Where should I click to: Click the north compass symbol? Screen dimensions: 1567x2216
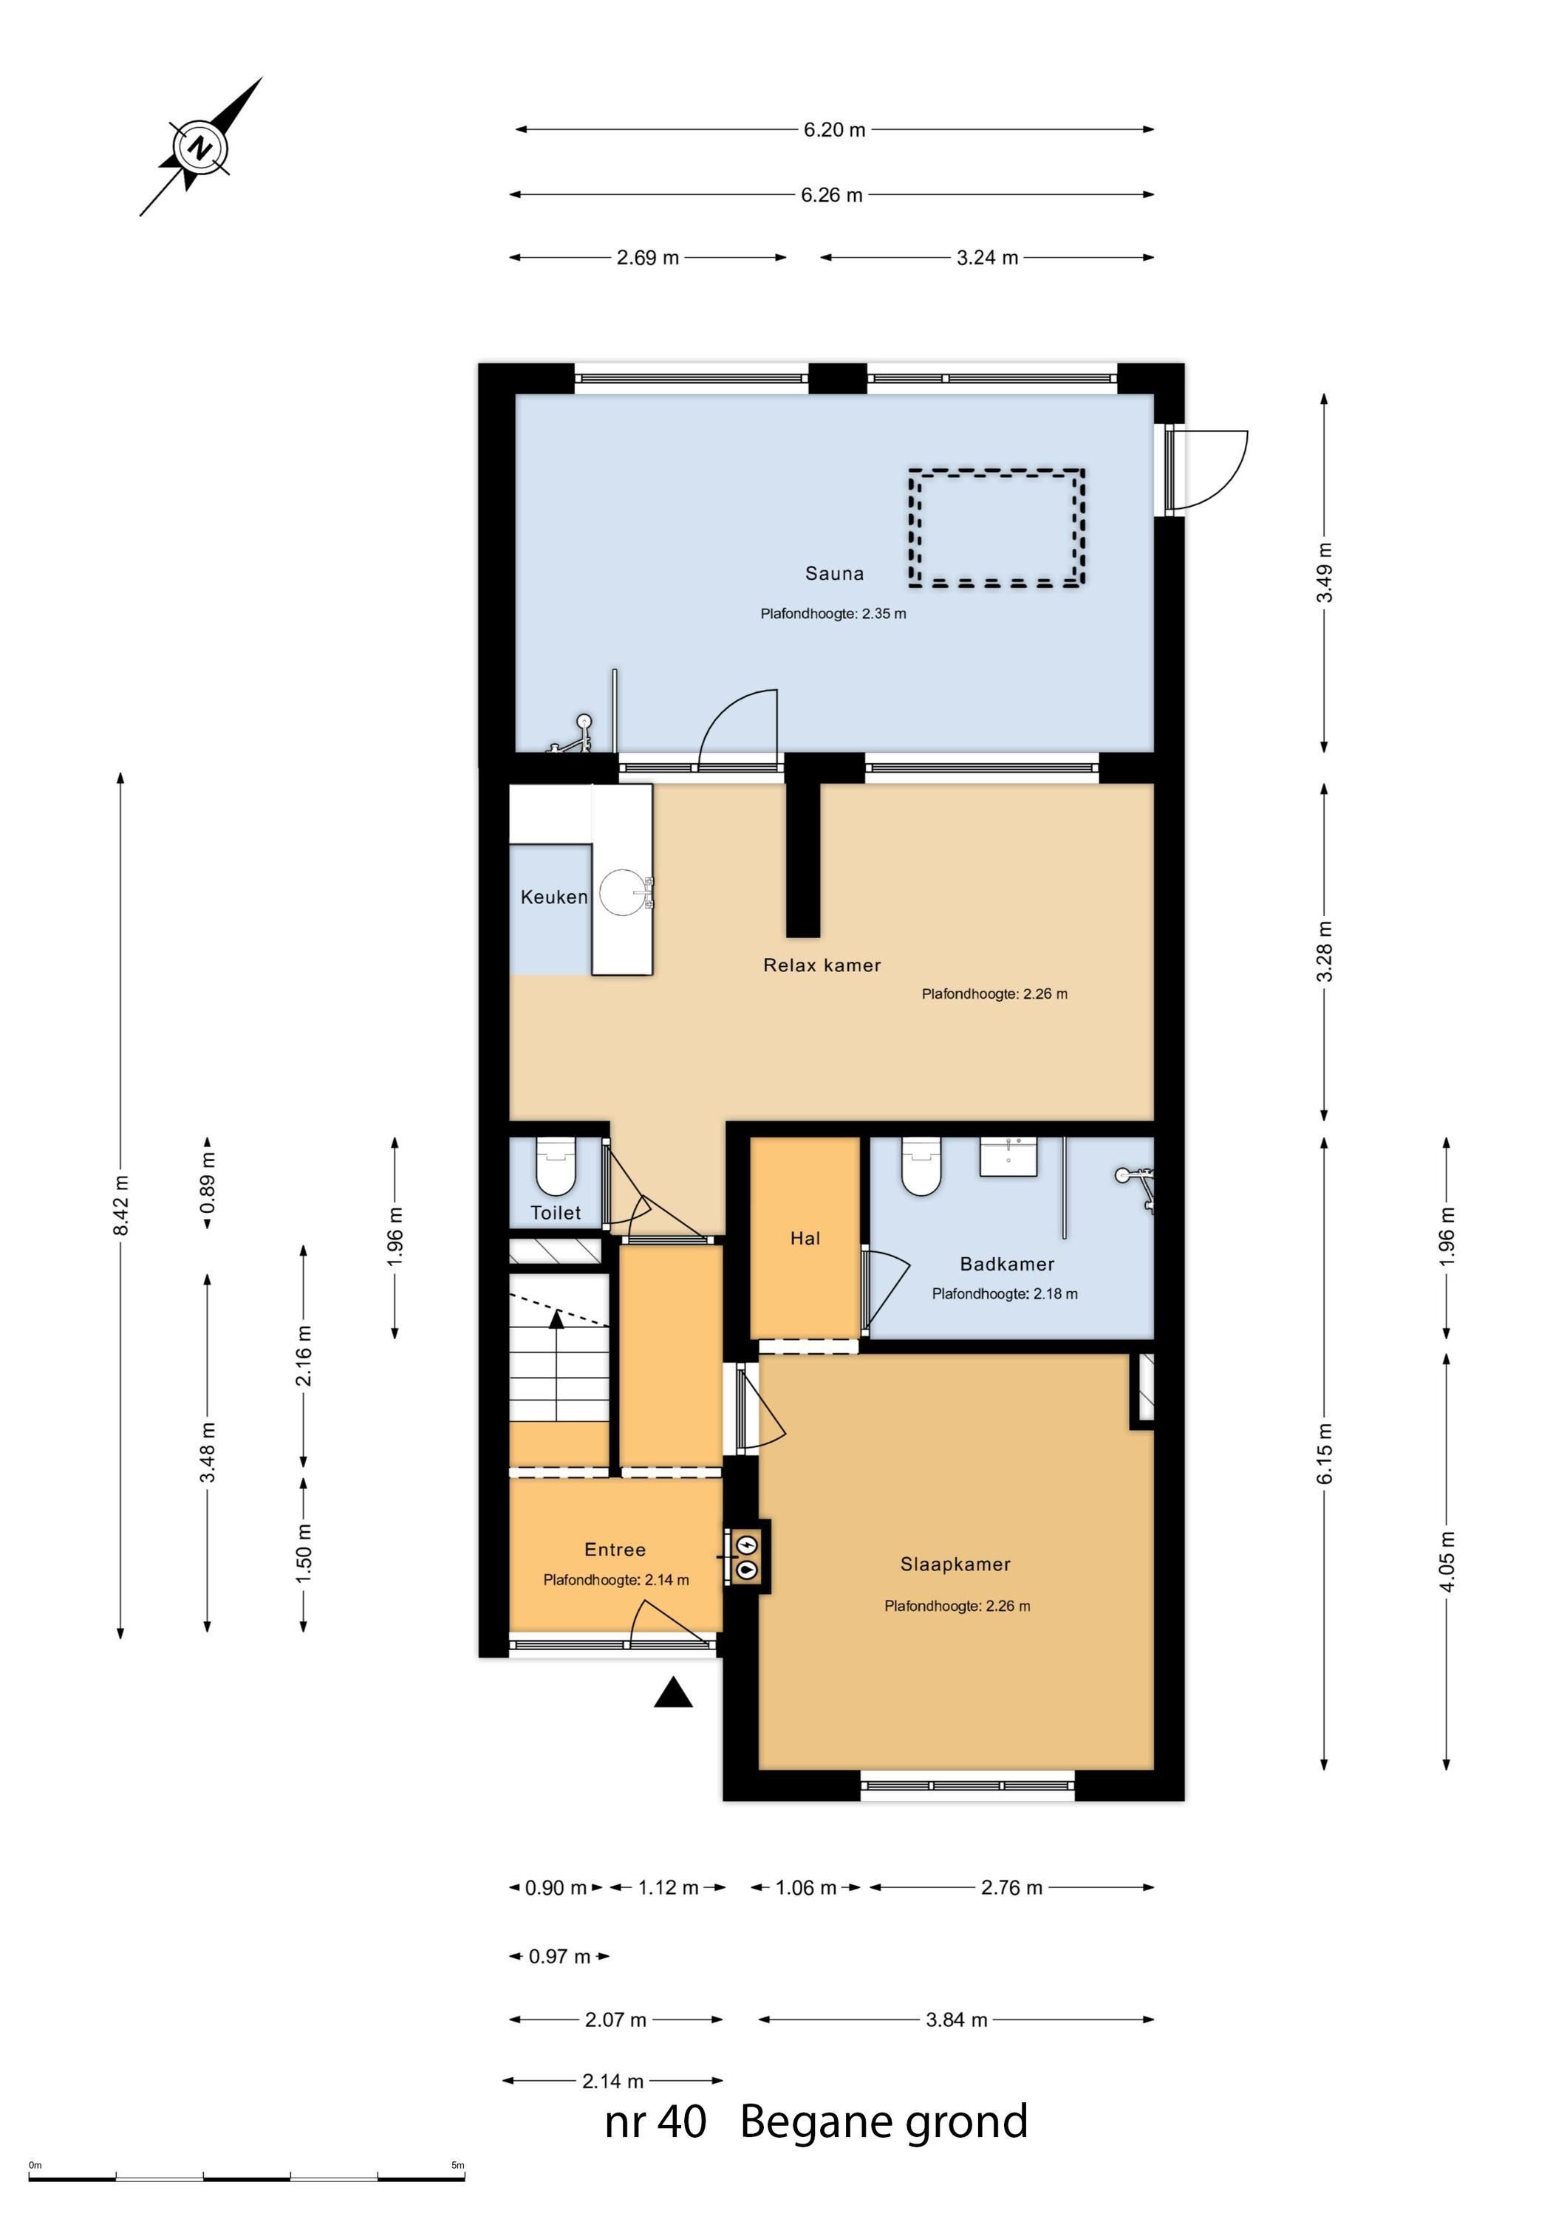pyautogui.click(x=200, y=148)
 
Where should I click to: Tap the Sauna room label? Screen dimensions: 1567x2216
pyautogui.click(x=834, y=573)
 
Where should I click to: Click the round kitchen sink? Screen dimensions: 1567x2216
pyautogui.click(x=621, y=892)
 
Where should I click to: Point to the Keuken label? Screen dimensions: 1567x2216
pyautogui.click(x=553, y=897)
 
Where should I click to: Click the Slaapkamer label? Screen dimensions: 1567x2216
pyautogui.click(x=955, y=1564)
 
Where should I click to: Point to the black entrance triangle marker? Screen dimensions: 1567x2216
pyautogui.click(x=673, y=1693)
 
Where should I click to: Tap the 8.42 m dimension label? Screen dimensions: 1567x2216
pyautogui.click(x=120, y=1206)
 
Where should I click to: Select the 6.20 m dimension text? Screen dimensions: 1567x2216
pyautogui.click(x=834, y=129)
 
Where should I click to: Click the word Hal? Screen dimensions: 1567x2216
pyautogui.click(x=805, y=1238)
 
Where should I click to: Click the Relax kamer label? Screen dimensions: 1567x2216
pyautogui.click(x=822, y=965)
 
